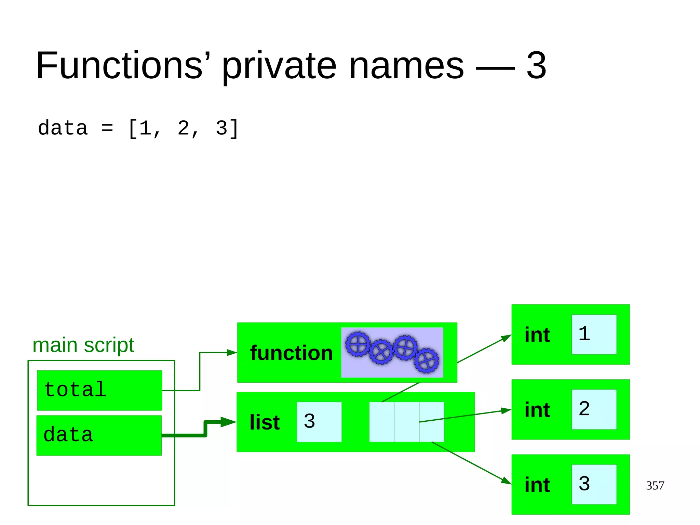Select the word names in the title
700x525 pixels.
(406, 66)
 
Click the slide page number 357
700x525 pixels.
(655, 485)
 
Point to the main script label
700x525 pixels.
(83, 345)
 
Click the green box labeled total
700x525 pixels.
(99, 390)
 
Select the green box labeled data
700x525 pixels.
(99, 435)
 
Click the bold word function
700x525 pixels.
(291, 353)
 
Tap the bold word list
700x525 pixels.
(265, 422)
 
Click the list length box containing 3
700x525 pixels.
(319, 422)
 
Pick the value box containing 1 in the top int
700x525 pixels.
(594, 334)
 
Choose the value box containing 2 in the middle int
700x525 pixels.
(594, 409)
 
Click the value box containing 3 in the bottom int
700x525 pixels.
(594, 484)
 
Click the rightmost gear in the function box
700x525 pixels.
(426, 360)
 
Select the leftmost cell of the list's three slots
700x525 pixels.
(382, 422)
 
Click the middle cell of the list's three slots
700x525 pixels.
(407, 422)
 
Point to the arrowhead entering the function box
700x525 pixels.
(232, 353)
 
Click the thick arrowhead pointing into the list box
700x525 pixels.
(228, 422)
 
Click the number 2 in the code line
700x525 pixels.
(183, 129)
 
